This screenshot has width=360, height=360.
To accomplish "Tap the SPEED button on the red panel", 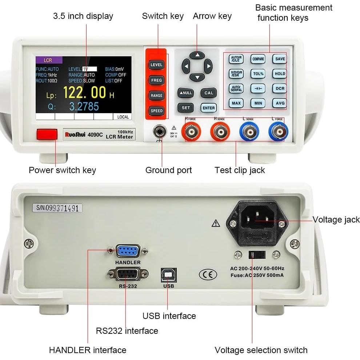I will click(x=156, y=111).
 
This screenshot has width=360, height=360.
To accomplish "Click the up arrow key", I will click(x=197, y=55).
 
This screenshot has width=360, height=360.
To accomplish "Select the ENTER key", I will click(x=209, y=108).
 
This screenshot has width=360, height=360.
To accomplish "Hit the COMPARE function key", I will click(x=258, y=59).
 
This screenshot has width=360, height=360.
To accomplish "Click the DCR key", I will click(x=280, y=88).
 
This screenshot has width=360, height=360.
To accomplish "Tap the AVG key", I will click(x=280, y=103).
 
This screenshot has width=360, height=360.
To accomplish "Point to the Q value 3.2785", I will click(x=84, y=107).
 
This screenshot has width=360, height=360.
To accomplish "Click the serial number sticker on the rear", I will click(x=57, y=208).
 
